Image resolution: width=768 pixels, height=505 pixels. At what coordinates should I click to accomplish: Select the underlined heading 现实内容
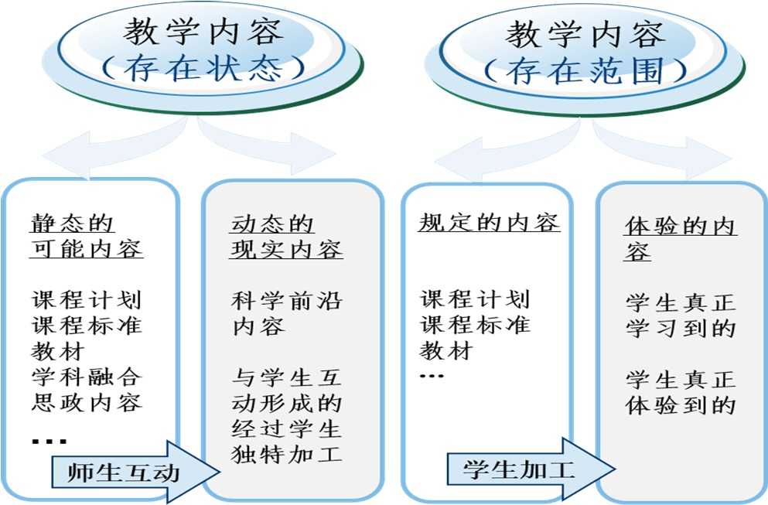click(286, 250)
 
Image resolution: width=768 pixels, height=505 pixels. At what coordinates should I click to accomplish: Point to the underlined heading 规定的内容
click(489, 223)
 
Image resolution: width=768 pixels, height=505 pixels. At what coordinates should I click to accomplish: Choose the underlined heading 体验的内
click(680, 227)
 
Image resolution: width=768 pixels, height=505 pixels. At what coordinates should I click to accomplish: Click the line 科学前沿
click(286, 300)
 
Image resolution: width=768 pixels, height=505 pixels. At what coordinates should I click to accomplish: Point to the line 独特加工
click(286, 453)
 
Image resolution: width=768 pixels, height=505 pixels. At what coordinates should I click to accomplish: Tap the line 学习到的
click(680, 328)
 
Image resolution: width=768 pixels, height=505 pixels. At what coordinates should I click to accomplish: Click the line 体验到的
click(680, 404)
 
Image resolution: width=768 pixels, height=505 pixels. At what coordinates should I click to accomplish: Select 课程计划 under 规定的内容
click(475, 299)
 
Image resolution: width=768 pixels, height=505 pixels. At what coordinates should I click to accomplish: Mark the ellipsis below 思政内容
click(49, 442)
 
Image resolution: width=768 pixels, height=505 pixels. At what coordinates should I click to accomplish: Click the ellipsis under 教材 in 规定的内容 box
click(432, 377)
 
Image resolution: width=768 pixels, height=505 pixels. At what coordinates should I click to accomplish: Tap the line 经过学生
click(286, 428)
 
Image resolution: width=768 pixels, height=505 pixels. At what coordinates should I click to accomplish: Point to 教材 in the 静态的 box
click(58, 351)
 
